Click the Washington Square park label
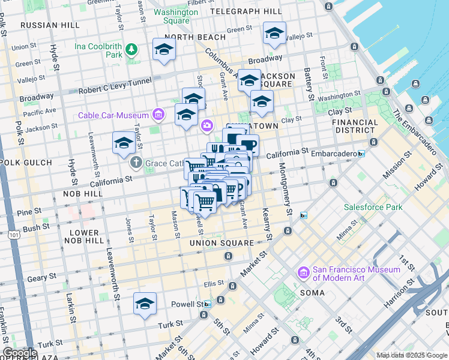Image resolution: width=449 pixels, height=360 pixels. (x=175, y=16)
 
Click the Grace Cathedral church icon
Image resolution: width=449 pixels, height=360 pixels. (x=136, y=163)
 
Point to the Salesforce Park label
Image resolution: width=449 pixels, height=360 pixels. (x=373, y=207)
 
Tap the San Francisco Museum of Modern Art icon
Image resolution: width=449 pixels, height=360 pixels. (x=304, y=274)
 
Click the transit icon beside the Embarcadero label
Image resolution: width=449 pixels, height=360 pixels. (x=361, y=154)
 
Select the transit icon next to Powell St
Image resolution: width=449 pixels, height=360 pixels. (x=208, y=304)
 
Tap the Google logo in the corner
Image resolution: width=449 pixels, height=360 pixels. (x=19, y=353)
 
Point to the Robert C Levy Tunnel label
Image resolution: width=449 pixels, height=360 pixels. (x=115, y=91)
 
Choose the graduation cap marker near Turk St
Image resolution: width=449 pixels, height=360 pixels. (x=145, y=305)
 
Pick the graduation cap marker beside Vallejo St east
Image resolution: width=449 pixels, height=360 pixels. (x=274, y=34)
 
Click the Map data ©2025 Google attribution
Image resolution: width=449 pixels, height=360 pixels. (x=412, y=355)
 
